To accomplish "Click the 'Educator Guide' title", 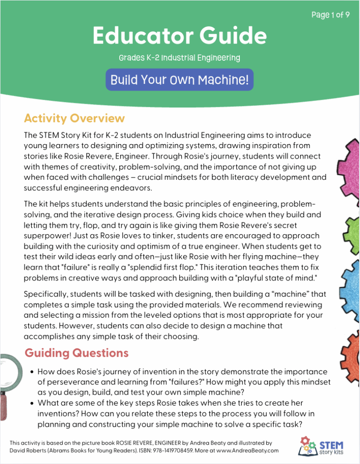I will (x=180, y=35).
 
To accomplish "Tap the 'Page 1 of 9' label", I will (x=330, y=15).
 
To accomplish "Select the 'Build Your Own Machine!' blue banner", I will (x=180, y=80).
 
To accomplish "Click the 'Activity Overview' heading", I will (x=74, y=119).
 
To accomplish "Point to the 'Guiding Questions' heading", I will (x=76, y=353).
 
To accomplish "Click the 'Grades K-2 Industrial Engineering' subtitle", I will (x=180, y=58).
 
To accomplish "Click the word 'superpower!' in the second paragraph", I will (x=44, y=236).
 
